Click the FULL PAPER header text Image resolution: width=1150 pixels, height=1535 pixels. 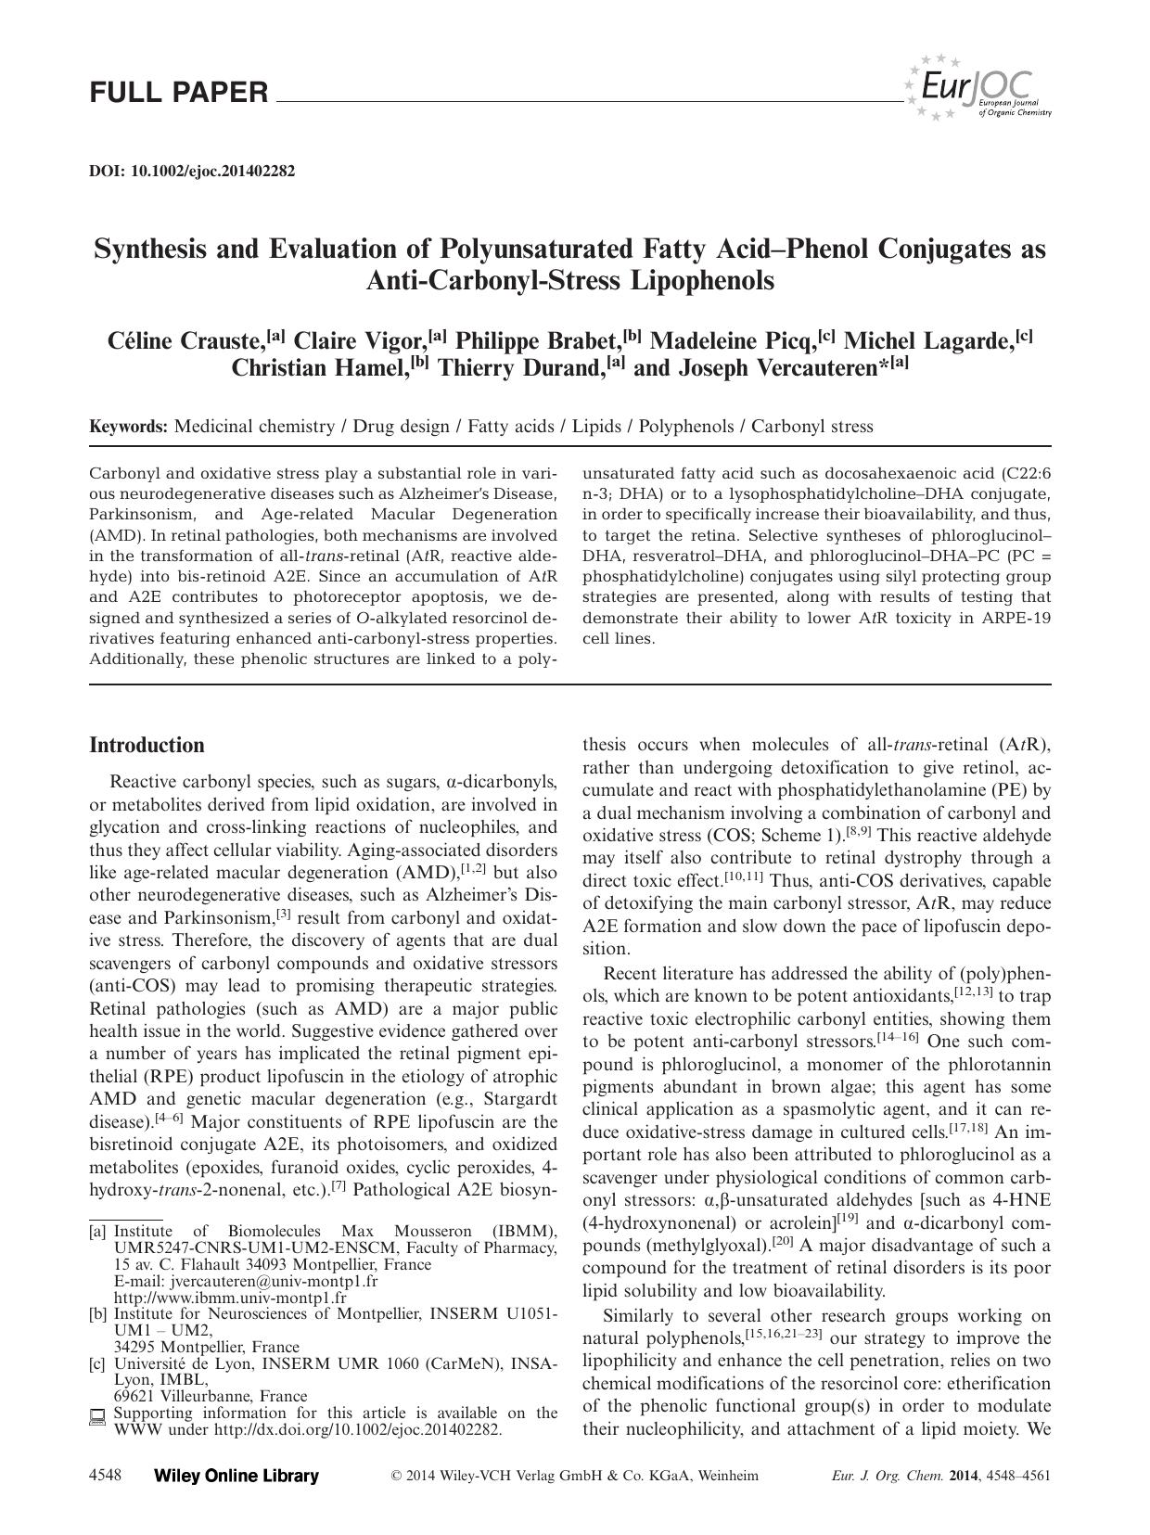(x=179, y=93)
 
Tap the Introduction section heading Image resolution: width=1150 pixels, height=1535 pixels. (x=147, y=745)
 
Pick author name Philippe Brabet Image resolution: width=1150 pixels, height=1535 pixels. (x=538, y=340)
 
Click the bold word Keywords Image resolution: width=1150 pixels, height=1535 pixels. (x=128, y=427)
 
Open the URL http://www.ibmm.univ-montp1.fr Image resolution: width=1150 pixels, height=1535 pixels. (x=230, y=1298)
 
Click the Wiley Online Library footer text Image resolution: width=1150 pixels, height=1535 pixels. (x=236, y=1476)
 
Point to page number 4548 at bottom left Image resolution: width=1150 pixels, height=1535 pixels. (x=106, y=1476)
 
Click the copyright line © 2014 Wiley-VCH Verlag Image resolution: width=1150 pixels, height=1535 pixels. (x=575, y=1476)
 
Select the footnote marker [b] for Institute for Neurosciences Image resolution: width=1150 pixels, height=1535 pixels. (x=97, y=1313)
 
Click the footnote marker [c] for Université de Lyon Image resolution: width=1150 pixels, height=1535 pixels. (x=97, y=1363)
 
